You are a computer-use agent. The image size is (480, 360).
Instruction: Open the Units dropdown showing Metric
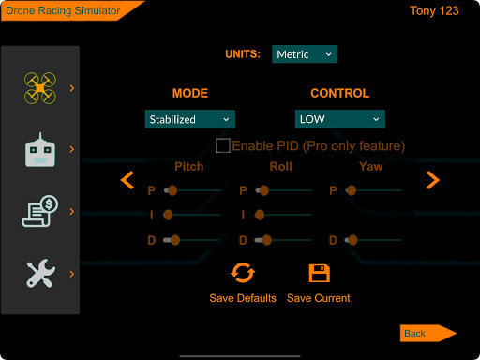pyautogui.click(x=305, y=54)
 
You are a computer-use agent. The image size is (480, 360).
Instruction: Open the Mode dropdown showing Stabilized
pyautogui.click(x=190, y=119)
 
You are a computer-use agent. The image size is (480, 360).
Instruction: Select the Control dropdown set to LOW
pyautogui.click(x=340, y=119)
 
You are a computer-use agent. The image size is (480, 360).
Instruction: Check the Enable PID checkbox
pyautogui.click(x=223, y=145)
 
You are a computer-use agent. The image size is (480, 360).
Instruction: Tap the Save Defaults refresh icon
pyautogui.click(x=243, y=273)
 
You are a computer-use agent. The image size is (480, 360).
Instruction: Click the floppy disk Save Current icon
pyautogui.click(x=320, y=273)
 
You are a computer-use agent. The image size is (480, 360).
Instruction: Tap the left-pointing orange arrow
pyautogui.click(x=127, y=180)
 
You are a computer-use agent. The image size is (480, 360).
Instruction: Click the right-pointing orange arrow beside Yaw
pyautogui.click(x=433, y=180)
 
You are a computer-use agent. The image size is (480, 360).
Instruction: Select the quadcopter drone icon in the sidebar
pyautogui.click(x=40, y=88)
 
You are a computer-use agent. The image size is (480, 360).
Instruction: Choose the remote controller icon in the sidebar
pyautogui.click(x=40, y=150)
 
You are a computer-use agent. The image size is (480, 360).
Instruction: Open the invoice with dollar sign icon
pyautogui.click(x=40, y=211)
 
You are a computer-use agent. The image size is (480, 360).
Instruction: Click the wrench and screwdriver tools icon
pyautogui.click(x=41, y=274)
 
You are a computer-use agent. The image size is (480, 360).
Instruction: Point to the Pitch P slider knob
pyautogui.click(x=172, y=190)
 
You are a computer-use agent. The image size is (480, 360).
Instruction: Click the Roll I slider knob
pyautogui.click(x=260, y=215)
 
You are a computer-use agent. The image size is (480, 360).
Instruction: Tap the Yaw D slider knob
pyautogui.click(x=352, y=240)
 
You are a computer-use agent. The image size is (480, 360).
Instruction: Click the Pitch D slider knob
pyautogui.click(x=175, y=240)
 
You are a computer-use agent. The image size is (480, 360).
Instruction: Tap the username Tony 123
pyautogui.click(x=434, y=11)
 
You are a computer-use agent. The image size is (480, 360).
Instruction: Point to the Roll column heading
pyautogui.click(x=281, y=166)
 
